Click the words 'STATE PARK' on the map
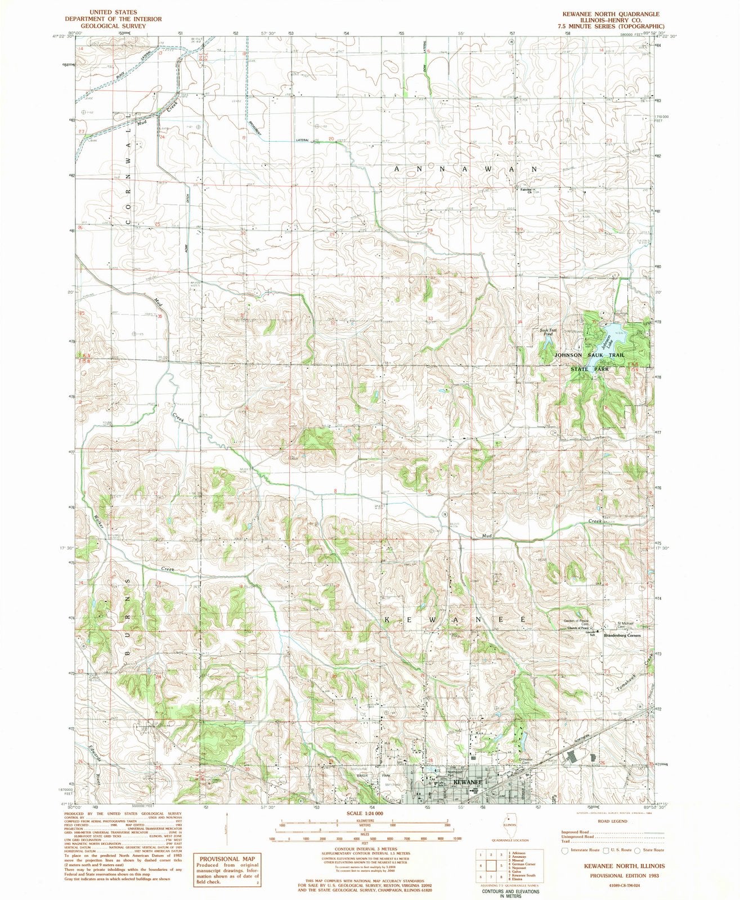pos(590,369)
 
